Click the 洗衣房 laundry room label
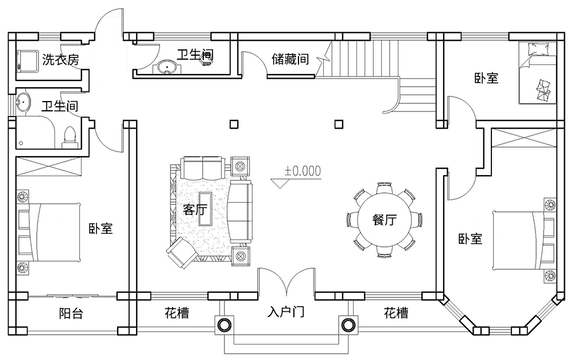point(60,59)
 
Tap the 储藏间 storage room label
point(290,59)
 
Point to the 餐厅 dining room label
point(385,220)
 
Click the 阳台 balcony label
point(69,314)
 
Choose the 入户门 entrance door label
point(286,313)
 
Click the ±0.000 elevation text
point(302,171)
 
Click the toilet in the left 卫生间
point(69,136)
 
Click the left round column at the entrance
point(223,326)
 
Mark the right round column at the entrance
point(348,326)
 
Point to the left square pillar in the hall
point(233,123)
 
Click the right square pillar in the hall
point(339,123)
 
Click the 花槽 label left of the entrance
point(177,313)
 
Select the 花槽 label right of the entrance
point(396,313)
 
